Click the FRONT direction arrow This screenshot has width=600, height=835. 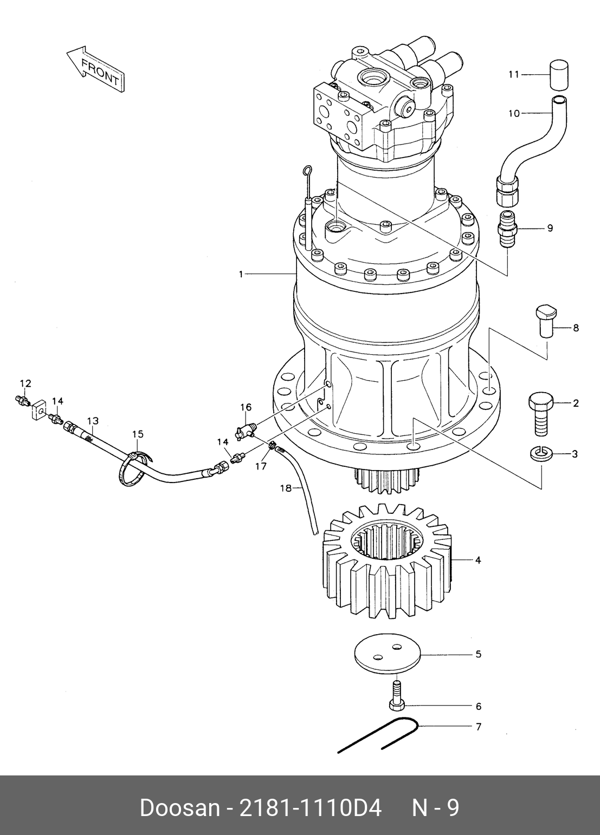(x=95, y=69)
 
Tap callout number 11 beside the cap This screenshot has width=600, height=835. (x=514, y=75)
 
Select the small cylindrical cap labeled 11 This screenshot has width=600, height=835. (x=559, y=75)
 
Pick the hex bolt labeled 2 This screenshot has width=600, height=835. (x=540, y=413)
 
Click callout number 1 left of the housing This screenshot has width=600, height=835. (x=241, y=275)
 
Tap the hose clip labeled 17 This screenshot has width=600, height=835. (x=272, y=445)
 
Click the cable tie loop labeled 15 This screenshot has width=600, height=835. (x=133, y=470)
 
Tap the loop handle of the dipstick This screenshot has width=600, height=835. (x=307, y=171)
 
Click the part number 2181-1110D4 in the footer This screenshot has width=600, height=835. (x=311, y=808)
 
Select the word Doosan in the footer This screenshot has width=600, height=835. (x=180, y=808)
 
